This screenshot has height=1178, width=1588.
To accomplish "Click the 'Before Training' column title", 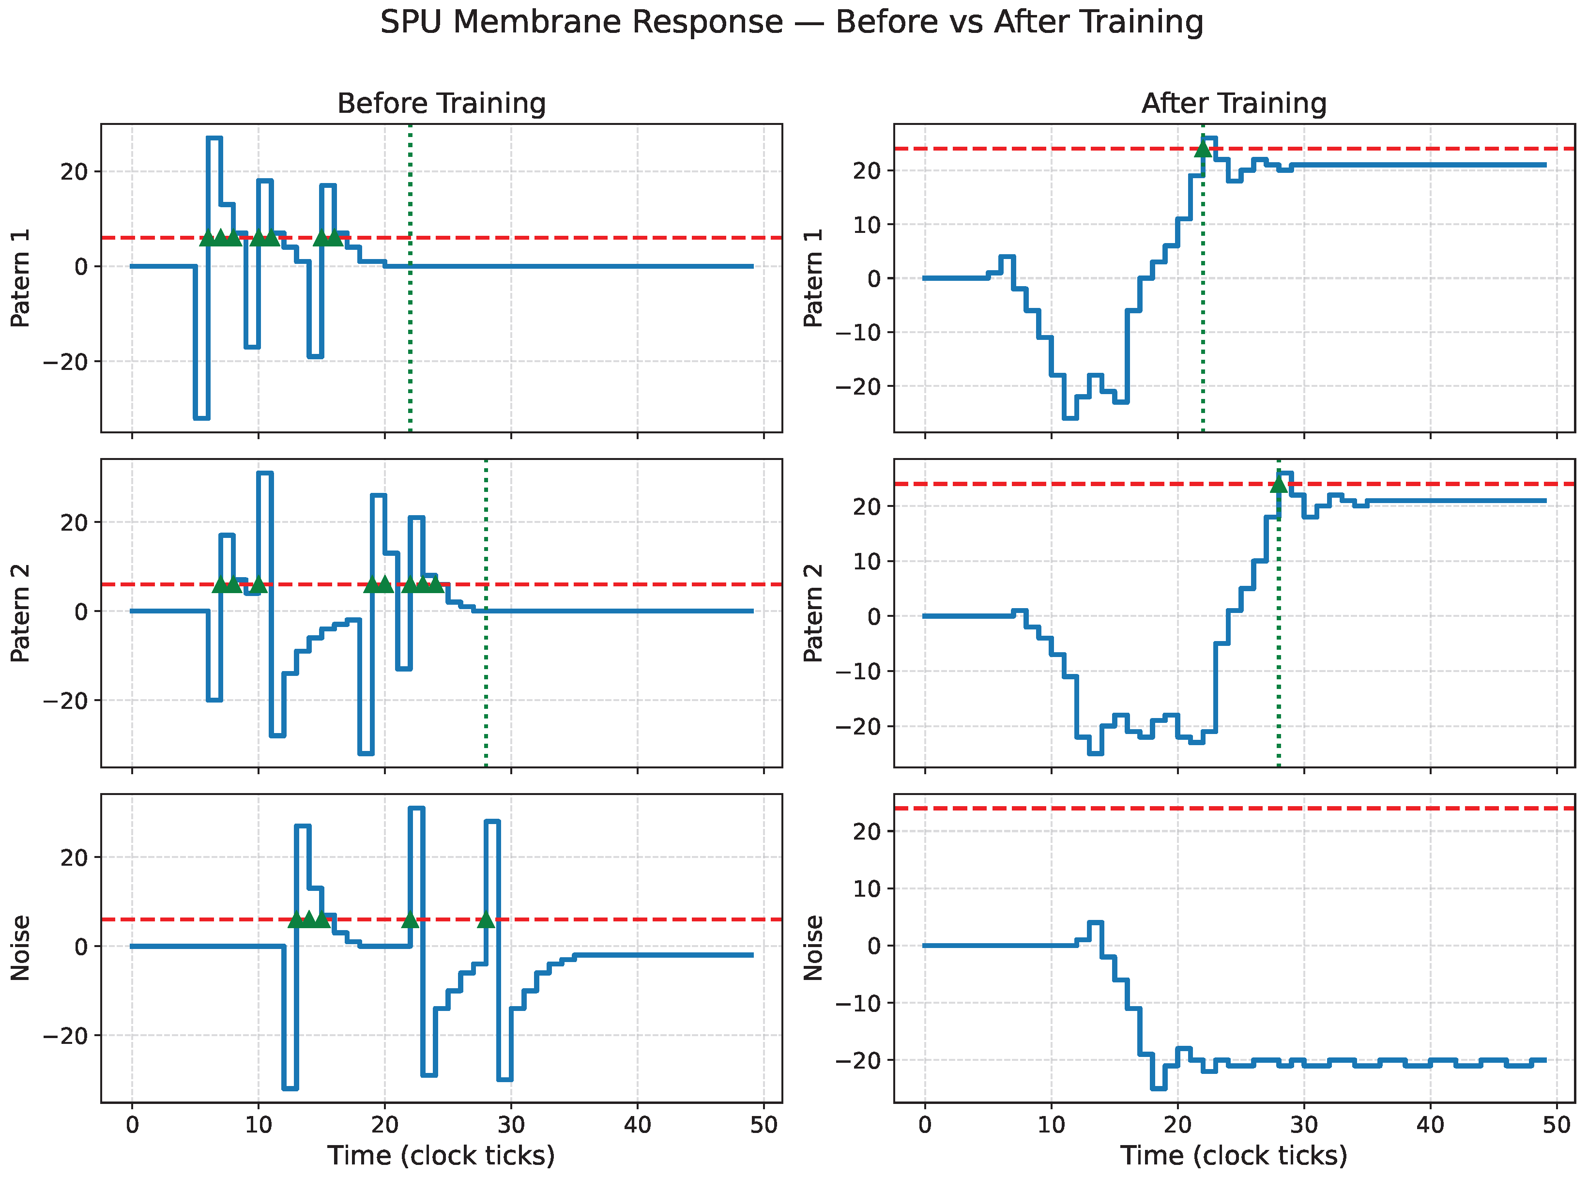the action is [x=442, y=104].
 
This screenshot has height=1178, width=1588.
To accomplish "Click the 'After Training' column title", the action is [x=1234, y=104].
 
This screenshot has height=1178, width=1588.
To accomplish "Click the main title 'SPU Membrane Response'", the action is [x=581, y=22].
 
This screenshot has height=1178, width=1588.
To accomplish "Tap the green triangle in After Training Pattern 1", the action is [x=1203, y=148].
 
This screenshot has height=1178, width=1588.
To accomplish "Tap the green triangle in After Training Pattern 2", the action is [x=1279, y=484].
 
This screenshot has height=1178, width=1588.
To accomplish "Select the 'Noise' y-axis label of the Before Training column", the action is [x=20, y=948].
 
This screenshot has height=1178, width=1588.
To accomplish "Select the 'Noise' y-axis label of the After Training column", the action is [x=813, y=948].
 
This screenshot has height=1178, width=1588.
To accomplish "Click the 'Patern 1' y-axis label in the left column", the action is [x=20, y=278].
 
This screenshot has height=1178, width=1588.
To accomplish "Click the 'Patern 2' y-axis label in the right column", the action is [x=813, y=613].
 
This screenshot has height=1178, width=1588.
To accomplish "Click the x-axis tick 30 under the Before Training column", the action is [x=511, y=1125].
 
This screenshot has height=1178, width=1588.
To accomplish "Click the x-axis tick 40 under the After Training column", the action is [x=1431, y=1125].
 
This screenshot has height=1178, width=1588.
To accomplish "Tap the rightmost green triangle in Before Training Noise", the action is [x=486, y=920].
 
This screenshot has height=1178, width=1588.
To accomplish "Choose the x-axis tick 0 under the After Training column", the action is [x=925, y=1125].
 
